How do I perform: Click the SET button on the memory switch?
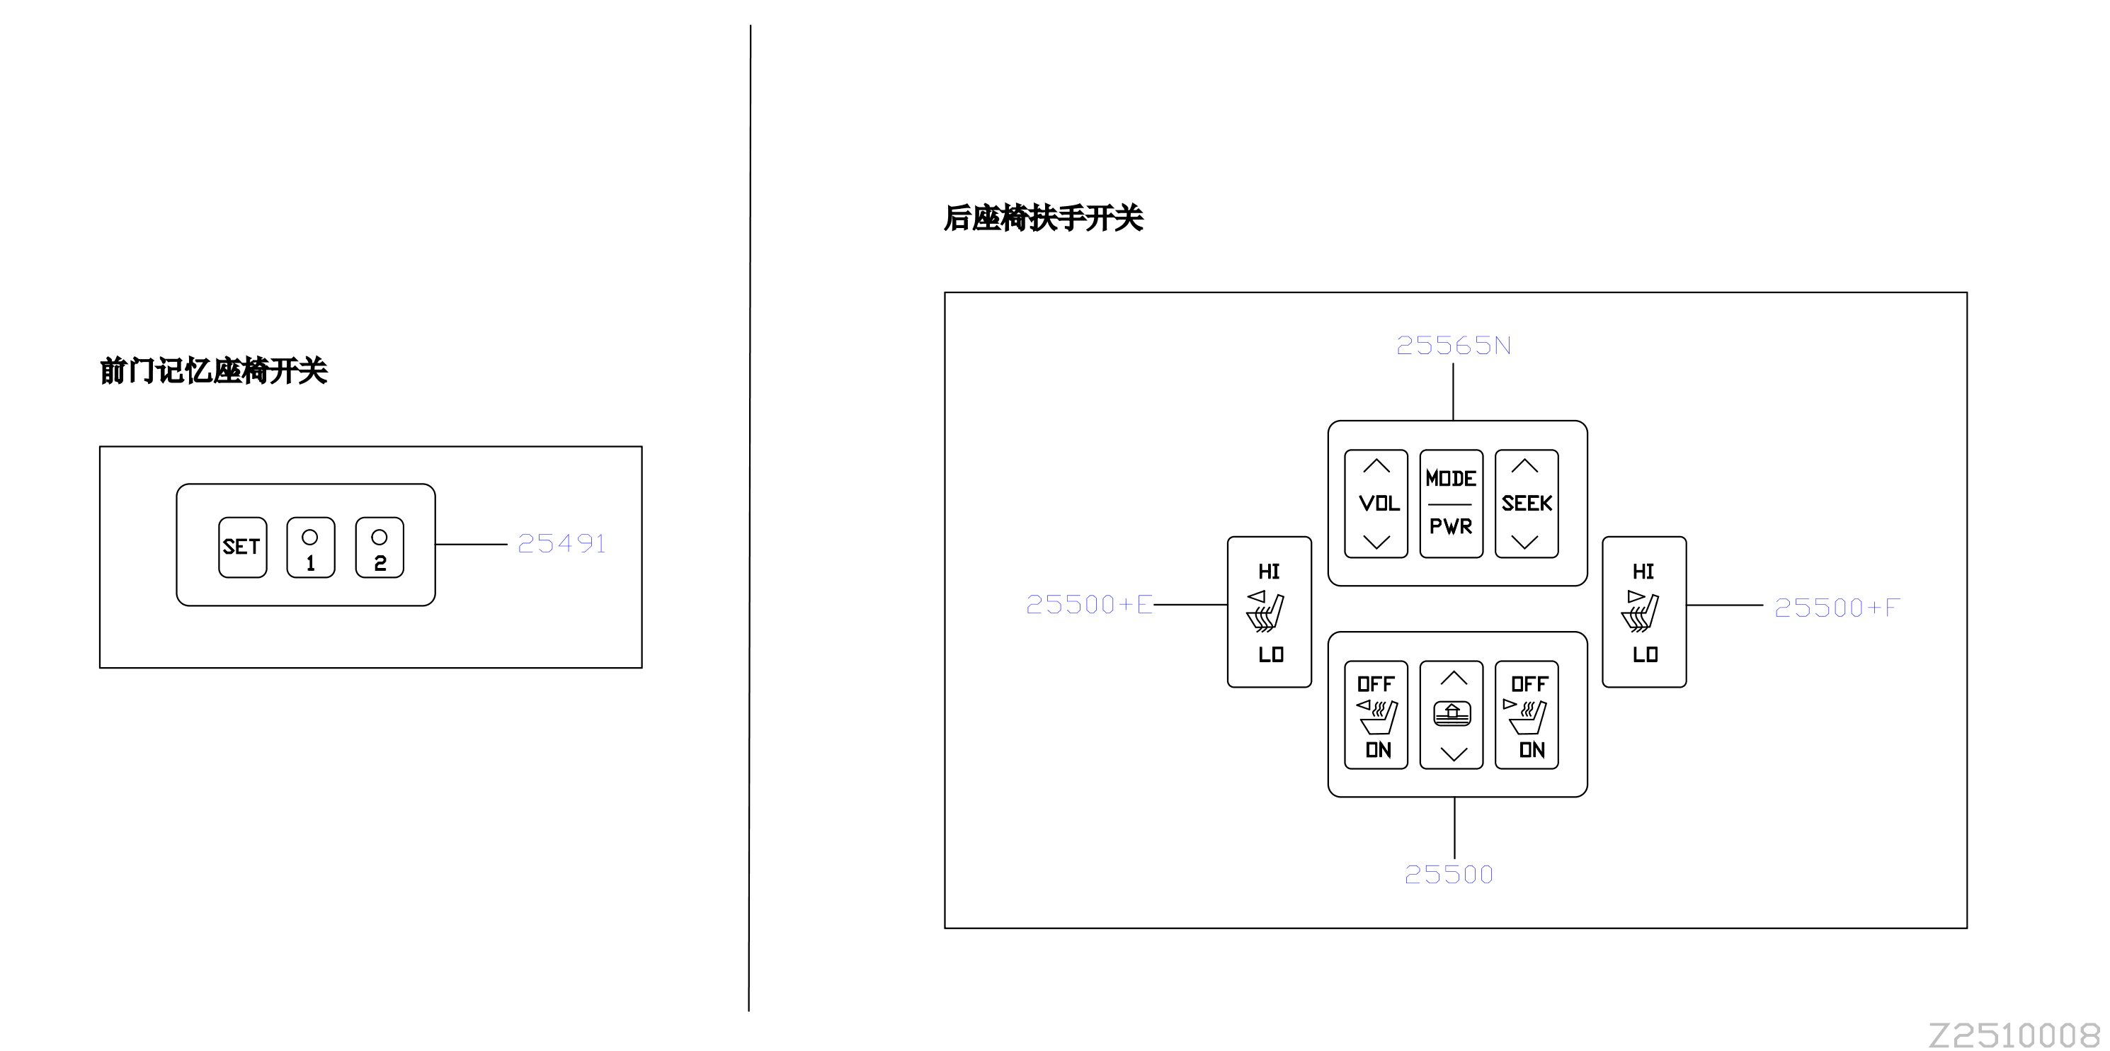click(x=242, y=547)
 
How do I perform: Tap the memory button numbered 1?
click(x=310, y=547)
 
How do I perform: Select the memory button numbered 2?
click(x=380, y=547)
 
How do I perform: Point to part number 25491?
click(x=562, y=543)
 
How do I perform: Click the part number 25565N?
click(x=1454, y=345)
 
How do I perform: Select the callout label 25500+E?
click(x=1090, y=605)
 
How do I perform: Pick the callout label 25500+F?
click(x=1837, y=607)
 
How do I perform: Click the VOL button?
click(x=1376, y=504)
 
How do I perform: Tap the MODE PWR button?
click(x=1452, y=504)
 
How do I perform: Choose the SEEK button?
click(x=1527, y=504)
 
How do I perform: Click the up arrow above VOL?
click(x=1376, y=466)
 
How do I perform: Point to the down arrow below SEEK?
click(x=1524, y=542)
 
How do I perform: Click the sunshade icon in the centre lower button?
click(x=1452, y=713)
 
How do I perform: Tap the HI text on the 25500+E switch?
click(x=1269, y=571)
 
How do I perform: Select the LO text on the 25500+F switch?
click(x=1645, y=654)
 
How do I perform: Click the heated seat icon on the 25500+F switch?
click(x=1640, y=611)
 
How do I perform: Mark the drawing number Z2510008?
click(x=2014, y=1035)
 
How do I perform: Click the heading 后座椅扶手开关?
click(x=1044, y=218)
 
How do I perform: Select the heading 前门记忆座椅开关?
click(x=214, y=371)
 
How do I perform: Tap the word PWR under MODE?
click(x=1451, y=526)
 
